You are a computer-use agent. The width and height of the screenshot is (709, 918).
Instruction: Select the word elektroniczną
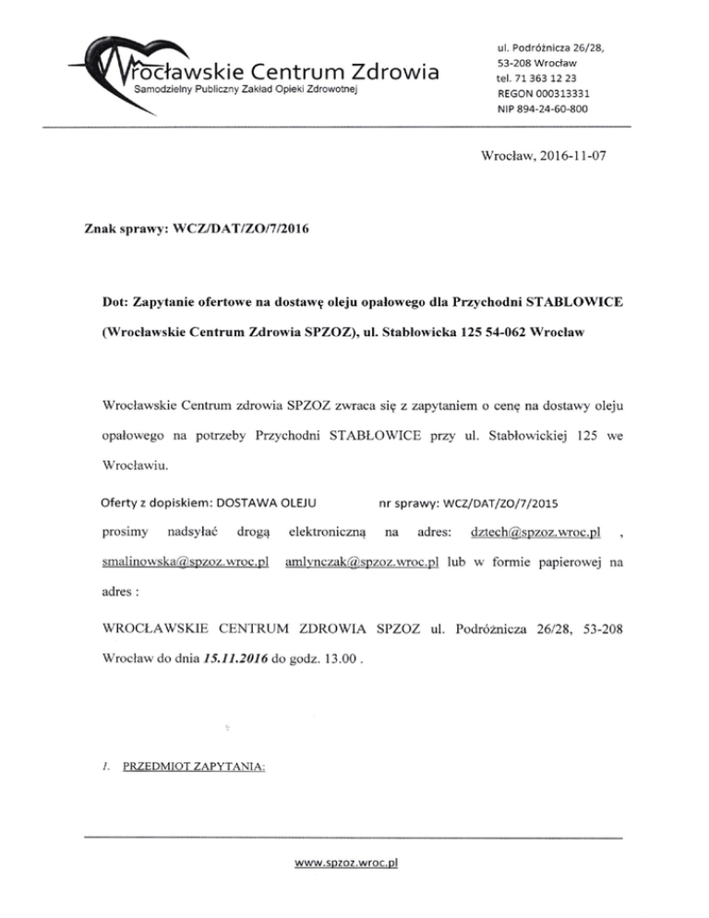point(329,533)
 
